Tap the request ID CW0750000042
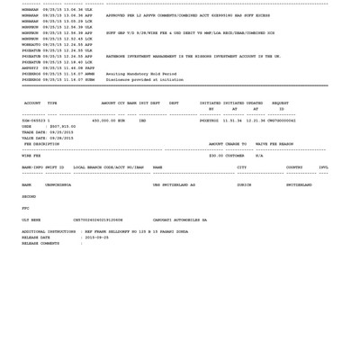282,120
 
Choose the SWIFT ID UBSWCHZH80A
58,184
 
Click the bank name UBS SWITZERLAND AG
174,184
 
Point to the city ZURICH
244,184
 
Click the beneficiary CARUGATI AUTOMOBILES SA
179,219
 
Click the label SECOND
29,196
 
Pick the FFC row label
25,208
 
